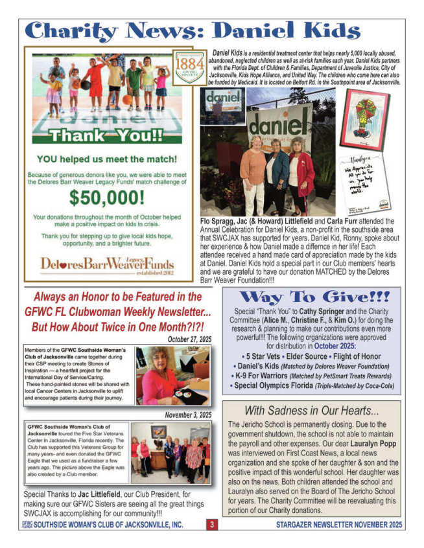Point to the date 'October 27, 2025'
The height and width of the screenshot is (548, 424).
coord(189,339)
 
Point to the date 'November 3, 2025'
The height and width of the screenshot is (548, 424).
coord(187,415)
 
